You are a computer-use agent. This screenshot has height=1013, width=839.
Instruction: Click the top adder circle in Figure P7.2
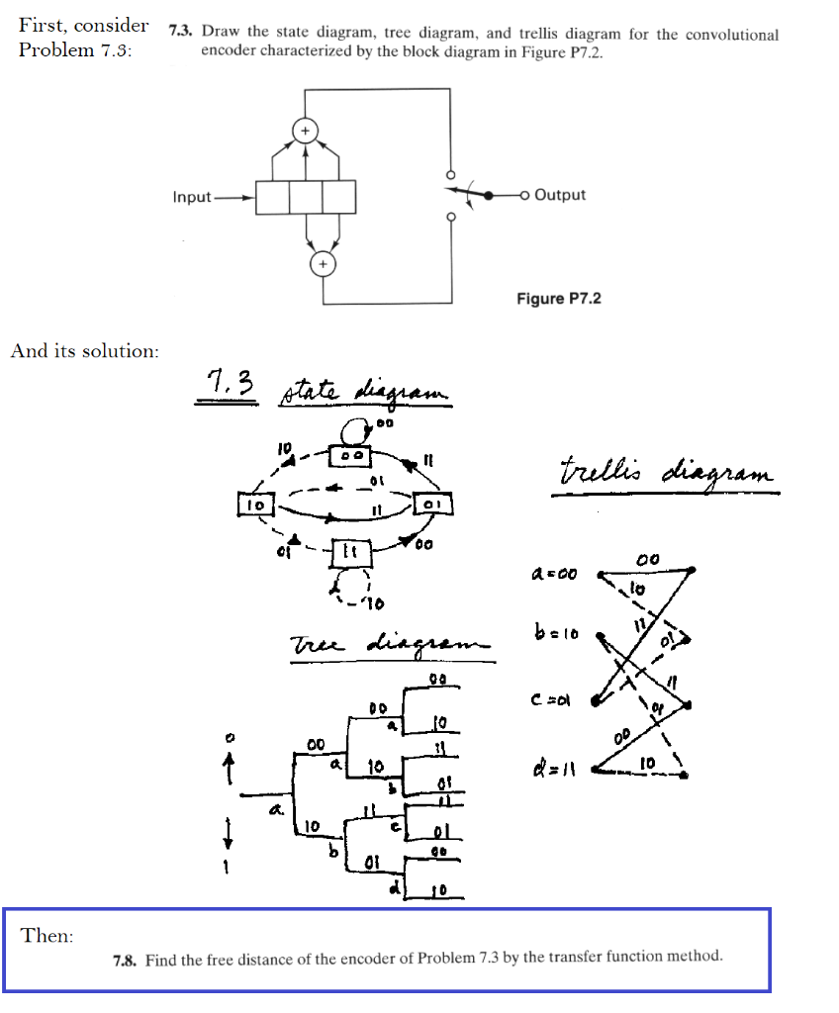(x=306, y=131)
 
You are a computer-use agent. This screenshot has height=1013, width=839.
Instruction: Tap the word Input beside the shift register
(x=192, y=197)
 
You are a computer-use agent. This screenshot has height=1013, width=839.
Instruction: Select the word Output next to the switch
(x=560, y=195)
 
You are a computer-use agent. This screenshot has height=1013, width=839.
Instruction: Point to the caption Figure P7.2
(x=558, y=298)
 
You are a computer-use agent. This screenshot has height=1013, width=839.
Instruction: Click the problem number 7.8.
(x=126, y=958)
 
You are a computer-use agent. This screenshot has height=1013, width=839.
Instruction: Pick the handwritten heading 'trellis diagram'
(x=666, y=471)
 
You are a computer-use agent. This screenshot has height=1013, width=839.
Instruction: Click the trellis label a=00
(x=554, y=573)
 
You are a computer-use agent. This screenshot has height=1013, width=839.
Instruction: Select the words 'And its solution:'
(x=84, y=350)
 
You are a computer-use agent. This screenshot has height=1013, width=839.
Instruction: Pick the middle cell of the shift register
(x=306, y=197)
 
